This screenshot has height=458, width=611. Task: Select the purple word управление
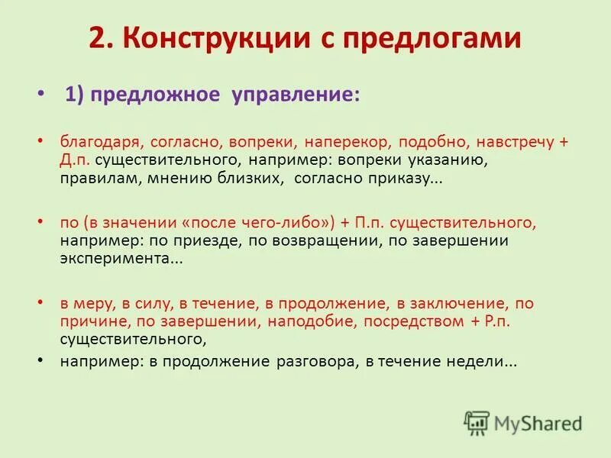click(295, 95)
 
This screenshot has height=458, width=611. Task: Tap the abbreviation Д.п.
click(76, 161)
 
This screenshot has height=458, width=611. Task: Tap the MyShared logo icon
click(477, 424)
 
